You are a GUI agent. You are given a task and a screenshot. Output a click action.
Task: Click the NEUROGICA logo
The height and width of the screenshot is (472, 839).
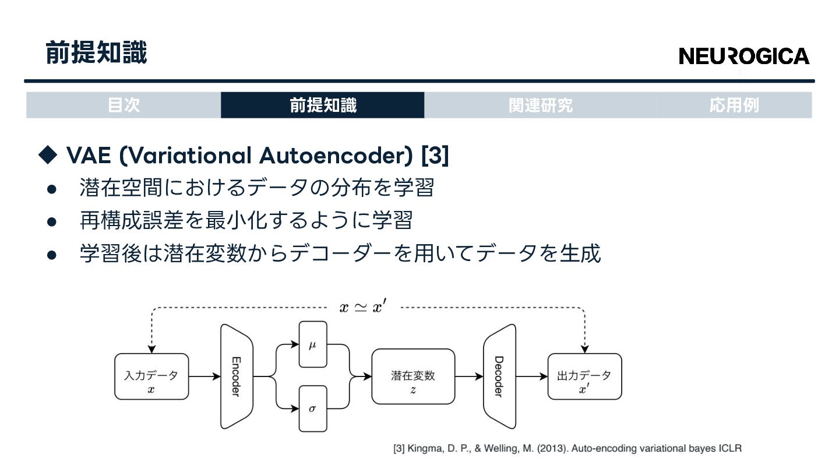click(x=744, y=56)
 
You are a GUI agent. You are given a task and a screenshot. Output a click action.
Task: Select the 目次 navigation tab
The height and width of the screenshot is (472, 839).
click(x=124, y=105)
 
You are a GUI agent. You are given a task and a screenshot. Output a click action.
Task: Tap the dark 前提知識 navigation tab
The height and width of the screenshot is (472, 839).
click(x=323, y=105)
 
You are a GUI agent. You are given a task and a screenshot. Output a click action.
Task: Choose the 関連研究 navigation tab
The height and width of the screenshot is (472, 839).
click(x=540, y=105)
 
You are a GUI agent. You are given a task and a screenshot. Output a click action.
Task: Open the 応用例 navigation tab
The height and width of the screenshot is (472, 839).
click(x=734, y=105)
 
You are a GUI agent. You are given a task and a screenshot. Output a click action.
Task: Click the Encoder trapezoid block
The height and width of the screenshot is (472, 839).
click(x=236, y=376)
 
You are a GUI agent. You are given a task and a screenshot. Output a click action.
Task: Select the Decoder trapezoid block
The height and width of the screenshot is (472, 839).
click(x=499, y=376)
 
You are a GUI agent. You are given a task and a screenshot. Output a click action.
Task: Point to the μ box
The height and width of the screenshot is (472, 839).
click(x=312, y=345)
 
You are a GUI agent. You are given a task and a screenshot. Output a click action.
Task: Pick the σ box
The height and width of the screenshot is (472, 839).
click(x=312, y=408)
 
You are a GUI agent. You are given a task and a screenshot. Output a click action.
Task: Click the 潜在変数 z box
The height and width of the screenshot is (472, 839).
click(x=413, y=376)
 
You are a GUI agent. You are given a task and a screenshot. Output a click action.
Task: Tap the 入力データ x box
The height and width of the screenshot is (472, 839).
click(x=151, y=376)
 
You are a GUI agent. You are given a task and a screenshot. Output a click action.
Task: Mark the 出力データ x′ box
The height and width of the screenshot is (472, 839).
click(x=584, y=376)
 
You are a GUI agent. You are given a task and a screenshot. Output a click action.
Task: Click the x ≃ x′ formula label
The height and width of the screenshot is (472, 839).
click(x=362, y=307)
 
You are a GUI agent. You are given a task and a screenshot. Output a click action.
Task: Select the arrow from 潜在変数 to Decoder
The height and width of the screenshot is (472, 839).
click(x=469, y=376)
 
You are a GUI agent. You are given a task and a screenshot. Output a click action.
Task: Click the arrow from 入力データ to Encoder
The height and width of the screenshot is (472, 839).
click(x=204, y=376)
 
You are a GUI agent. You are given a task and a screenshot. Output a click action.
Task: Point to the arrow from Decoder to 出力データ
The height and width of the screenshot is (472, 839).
click(x=531, y=376)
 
